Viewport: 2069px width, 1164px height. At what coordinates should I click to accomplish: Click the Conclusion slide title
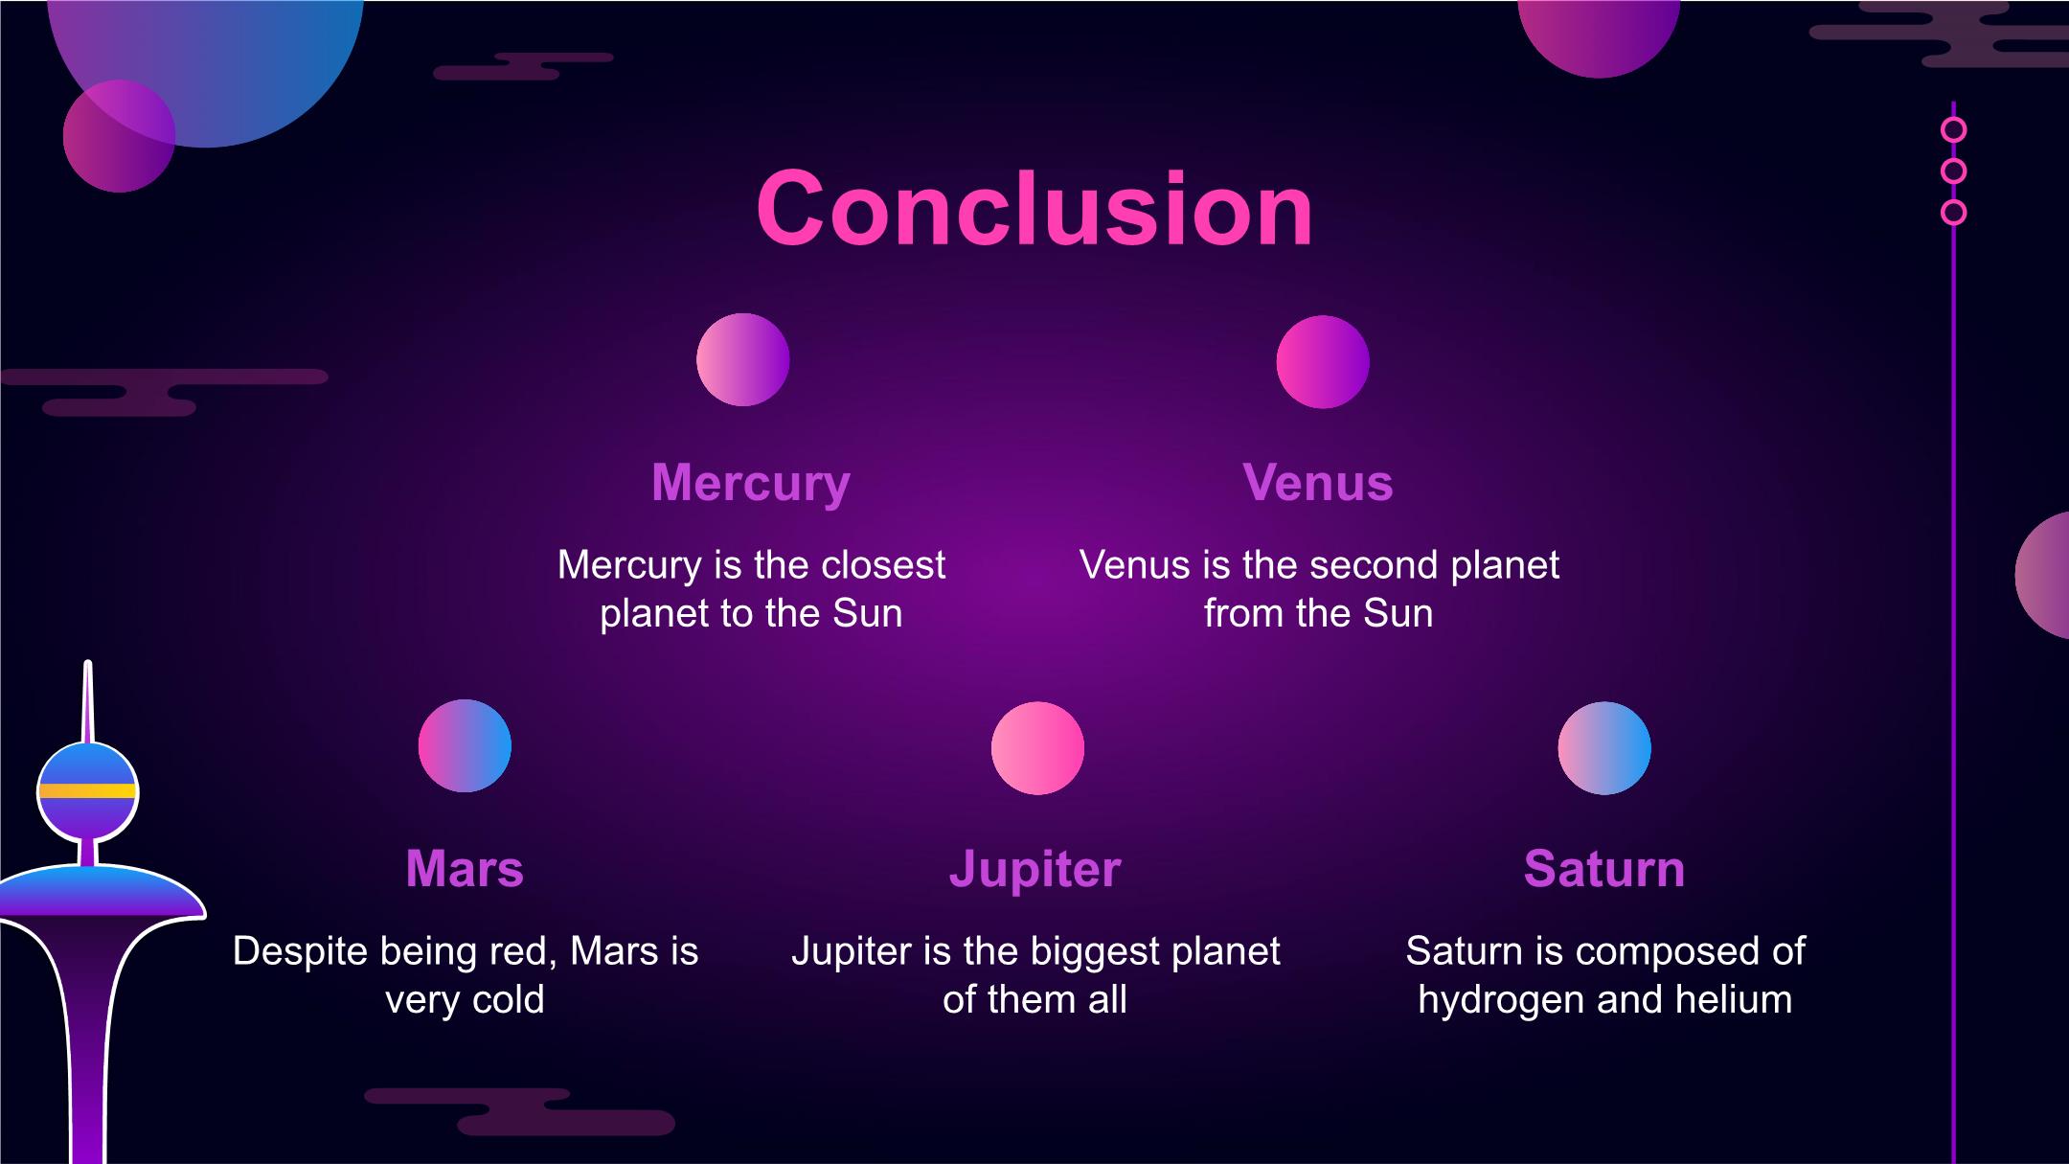tap(1034, 209)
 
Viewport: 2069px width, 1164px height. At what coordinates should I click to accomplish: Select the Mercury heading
tap(751, 484)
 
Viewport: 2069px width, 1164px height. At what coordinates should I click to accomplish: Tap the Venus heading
tap(1318, 482)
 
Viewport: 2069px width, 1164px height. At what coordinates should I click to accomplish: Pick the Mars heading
tap(465, 869)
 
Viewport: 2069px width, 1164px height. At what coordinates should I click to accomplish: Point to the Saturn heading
tap(1604, 869)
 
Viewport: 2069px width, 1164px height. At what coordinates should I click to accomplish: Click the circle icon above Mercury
tap(743, 359)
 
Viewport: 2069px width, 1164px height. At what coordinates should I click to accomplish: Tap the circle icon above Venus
tap(1323, 362)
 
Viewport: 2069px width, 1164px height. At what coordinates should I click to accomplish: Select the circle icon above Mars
tap(465, 745)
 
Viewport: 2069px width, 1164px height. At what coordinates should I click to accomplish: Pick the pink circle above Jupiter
tap(1037, 748)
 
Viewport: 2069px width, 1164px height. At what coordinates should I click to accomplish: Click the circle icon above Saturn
tap(1604, 748)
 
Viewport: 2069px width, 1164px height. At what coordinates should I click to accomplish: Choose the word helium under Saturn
tap(1733, 1000)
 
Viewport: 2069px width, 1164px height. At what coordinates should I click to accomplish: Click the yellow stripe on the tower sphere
tap(87, 791)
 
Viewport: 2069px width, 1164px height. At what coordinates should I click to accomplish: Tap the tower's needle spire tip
tap(88, 662)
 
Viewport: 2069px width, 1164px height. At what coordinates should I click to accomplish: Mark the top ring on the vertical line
tap(1953, 129)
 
